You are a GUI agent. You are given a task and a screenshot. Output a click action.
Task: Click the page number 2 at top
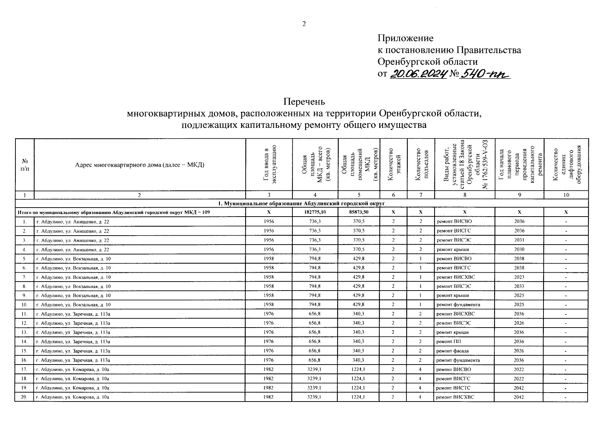click(304, 24)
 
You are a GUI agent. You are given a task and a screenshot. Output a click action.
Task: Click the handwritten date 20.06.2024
click(417, 74)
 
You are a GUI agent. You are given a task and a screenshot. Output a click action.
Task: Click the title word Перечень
click(304, 102)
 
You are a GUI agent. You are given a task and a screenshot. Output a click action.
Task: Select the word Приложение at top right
click(405, 38)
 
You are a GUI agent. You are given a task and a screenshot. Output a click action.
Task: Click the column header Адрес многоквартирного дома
click(139, 165)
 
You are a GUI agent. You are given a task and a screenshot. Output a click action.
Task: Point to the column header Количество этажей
click(393, 165)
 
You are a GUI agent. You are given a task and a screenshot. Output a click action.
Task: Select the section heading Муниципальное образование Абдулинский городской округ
click(304, 204)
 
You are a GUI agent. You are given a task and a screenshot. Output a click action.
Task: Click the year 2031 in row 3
click(519, 240)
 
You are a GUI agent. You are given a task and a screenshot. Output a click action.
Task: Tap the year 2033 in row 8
click(519, 287)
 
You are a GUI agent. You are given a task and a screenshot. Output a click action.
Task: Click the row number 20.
click(24, 397)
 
